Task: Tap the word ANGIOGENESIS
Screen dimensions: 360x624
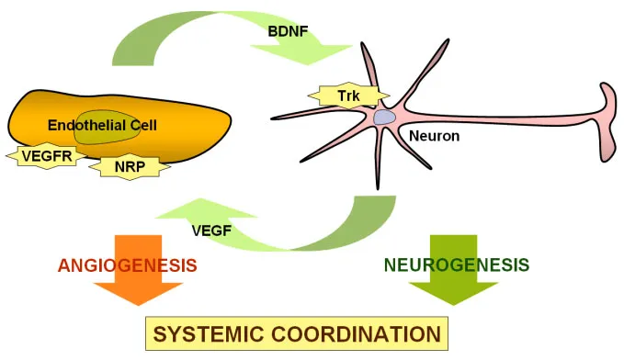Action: [128, 265]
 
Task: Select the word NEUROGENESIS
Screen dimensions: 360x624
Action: [457, 265]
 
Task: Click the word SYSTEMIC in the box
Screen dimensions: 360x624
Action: [214, 332]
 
